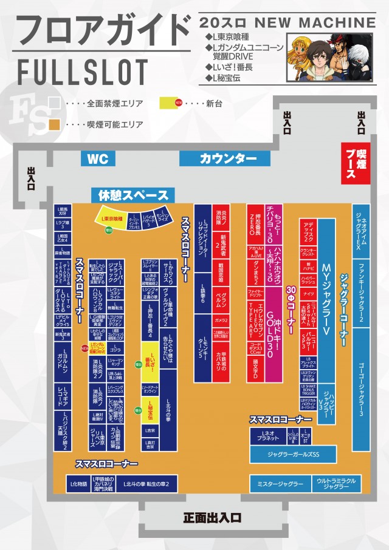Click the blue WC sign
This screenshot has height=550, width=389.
[x=98, y=159]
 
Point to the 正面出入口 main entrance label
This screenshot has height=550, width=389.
[x=212, y=518]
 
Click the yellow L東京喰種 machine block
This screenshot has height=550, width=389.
[x=112, y=217]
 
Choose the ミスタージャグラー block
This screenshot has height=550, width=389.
[x=280, y=484]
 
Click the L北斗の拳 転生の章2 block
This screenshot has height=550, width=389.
[x=146, y=484]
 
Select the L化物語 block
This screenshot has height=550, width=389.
[x=79, y=484]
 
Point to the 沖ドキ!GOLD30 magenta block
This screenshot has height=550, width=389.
[x=274, y=316]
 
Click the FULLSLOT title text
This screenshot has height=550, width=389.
[x=79, y=72]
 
